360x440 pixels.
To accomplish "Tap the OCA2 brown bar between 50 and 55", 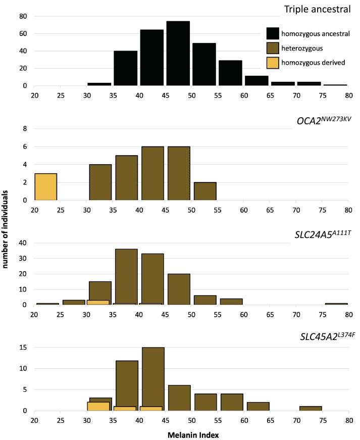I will (205, 191).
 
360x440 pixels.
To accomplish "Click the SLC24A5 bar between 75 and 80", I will (336, 304).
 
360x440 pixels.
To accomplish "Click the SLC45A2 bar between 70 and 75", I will (310, 408).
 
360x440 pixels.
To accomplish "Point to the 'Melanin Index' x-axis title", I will (191, 433).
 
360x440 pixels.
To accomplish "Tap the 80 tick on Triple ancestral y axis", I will (23, 16).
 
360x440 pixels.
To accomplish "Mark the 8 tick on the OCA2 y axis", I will (24, 129).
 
